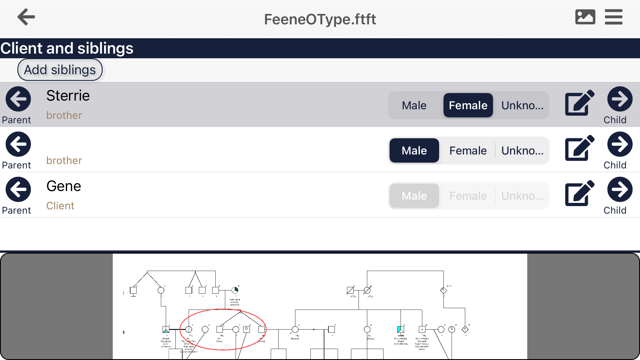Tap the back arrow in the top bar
26,17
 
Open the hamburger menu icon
613,17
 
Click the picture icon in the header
585,17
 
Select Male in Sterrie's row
414,105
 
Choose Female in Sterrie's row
468,105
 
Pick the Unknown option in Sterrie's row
522,105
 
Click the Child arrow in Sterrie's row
620,99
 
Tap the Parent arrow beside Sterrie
18,99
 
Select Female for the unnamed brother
468,150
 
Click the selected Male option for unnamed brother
414,150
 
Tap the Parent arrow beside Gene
18,190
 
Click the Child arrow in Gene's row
620,190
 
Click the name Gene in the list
64,186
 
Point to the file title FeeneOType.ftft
320,19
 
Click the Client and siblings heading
67,48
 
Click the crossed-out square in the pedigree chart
350,290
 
